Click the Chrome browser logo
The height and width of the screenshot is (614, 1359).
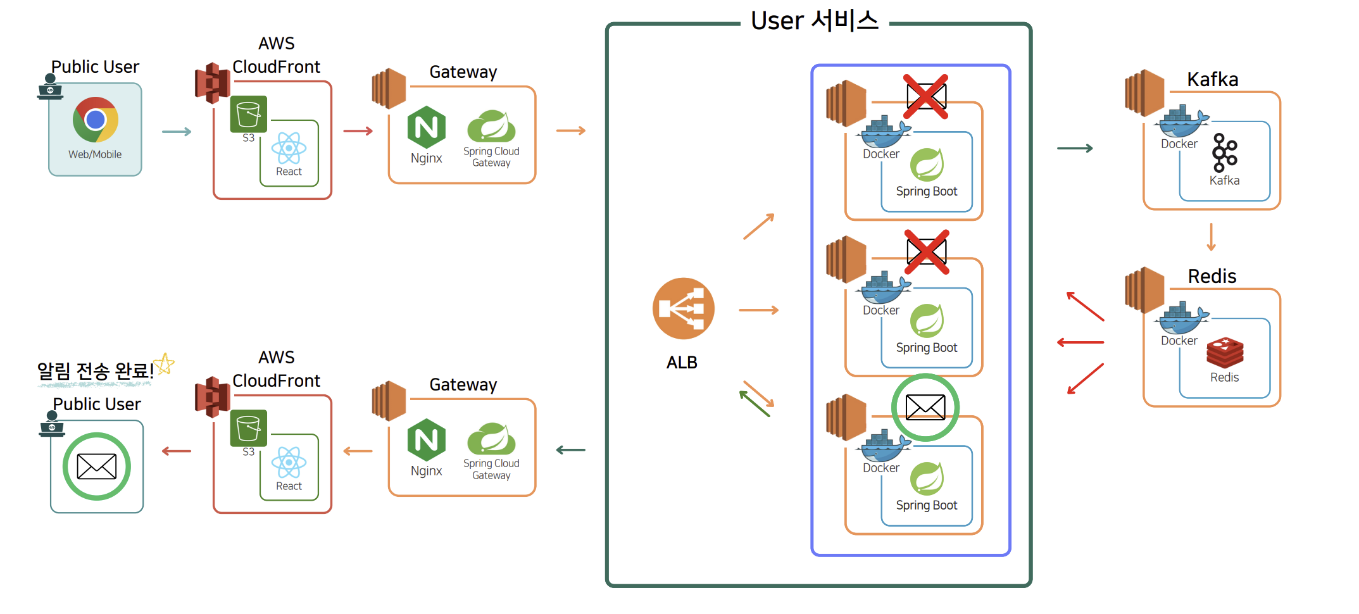[x=96, y=120]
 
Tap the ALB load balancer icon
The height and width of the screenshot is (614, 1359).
[x=683, y=308]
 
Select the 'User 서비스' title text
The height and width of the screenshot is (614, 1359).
[x=815, y=20]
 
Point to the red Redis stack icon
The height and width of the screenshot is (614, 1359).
[x=1225, y=353]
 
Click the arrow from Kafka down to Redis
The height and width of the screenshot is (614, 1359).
[x=1211, y=237]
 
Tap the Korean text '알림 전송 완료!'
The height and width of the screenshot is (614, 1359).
[x=95, y=370]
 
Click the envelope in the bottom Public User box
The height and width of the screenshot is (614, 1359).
[x=97, y=467]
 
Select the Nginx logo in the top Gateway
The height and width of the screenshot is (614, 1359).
[x=426, y=127]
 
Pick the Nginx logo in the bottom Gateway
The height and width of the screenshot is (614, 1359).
[x=426, y=440]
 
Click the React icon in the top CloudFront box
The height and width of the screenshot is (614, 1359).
[x=289, y=149]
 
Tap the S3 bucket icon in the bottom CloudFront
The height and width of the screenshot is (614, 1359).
[x=248, y=428]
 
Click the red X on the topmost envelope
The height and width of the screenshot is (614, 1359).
[x=925, y=96]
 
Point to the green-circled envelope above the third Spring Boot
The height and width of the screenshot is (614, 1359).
[x=925, y=407]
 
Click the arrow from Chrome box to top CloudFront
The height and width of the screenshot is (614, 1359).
[x=177, y=132]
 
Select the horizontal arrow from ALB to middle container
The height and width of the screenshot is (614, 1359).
[x=758, y=310]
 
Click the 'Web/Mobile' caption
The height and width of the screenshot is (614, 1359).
[x=95, y=154]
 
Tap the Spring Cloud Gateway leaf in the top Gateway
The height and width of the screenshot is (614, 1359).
[x=491, y=125]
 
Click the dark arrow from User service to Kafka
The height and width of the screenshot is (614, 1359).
[x=1075, y=148]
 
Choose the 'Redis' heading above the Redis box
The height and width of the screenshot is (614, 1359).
[x=1212, y=276]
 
